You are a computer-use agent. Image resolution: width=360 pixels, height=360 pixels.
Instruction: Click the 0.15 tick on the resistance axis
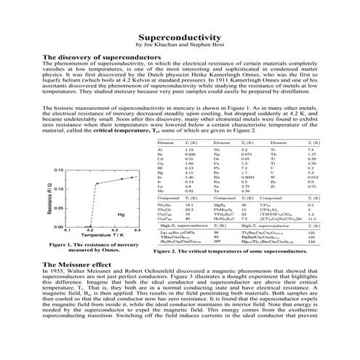click(x=60, y=169)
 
